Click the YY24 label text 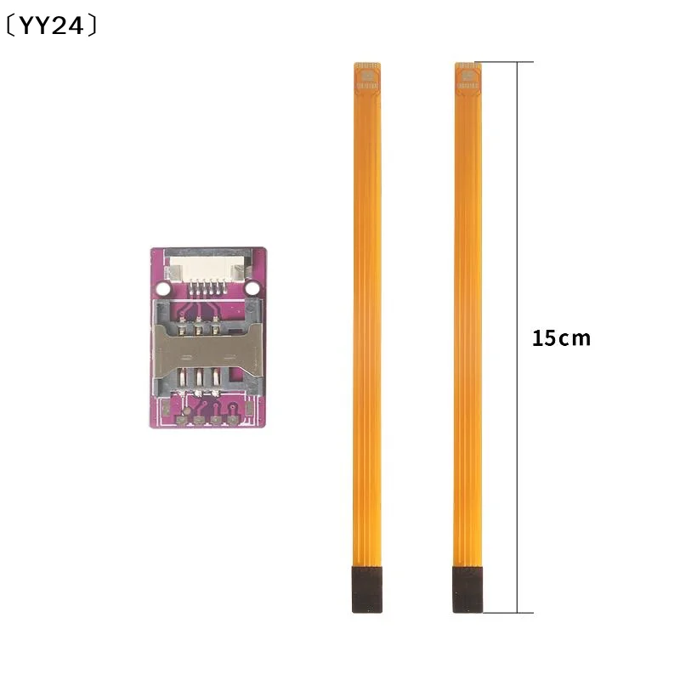52,25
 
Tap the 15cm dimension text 561,338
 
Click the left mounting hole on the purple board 162,288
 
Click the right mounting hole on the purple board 252,288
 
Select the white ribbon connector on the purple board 207,268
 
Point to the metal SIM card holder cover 208,350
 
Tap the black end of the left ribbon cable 367,589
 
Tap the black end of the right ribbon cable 467,589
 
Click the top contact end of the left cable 367,77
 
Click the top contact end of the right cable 467,77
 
